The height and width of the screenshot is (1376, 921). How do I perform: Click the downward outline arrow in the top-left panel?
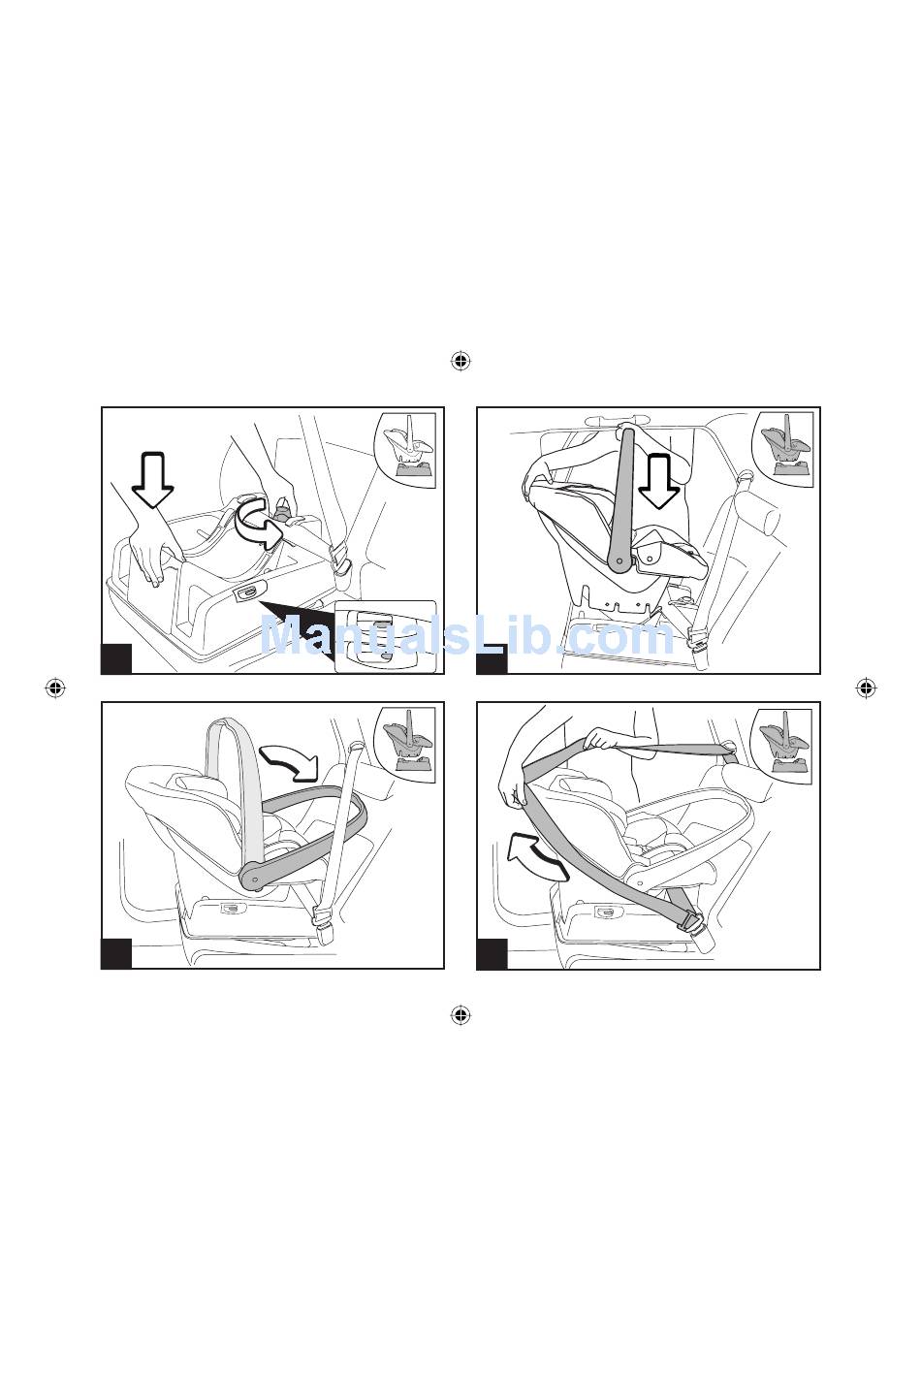[x=153, y=479]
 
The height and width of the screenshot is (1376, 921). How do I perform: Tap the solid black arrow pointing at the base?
[x=298, y=626]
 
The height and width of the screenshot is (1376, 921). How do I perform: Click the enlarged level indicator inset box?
[x=386, y=637]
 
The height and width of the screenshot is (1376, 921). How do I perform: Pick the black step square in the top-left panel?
[x=116, y=658]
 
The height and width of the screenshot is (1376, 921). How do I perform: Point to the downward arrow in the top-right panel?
[x=658, y=481]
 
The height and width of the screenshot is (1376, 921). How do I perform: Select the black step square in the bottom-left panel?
[x=116, y=954]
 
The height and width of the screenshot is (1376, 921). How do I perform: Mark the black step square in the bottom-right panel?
[x=492, y=954]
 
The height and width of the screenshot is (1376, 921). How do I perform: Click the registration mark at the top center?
[x=460, y=361]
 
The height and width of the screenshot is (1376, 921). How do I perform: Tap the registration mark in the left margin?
[x=55, y=688]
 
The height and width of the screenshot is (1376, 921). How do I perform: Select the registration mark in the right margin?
[x=866, y=688]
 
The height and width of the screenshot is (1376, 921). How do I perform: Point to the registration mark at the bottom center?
[x=460, y=1015]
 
